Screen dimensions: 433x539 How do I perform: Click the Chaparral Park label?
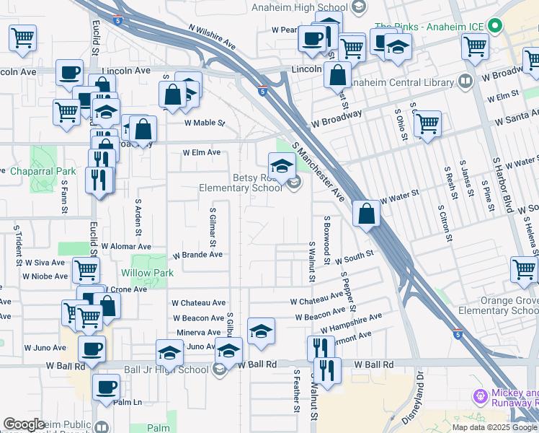(43, 172)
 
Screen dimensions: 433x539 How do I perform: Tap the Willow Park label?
(147, 273)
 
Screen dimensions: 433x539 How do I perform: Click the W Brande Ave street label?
(197, 255)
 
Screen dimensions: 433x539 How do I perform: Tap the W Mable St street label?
(205, 123)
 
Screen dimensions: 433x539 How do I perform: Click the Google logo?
(24, 424)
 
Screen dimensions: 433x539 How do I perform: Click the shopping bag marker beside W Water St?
(367, 214)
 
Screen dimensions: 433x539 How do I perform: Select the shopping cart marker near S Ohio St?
(427, 123)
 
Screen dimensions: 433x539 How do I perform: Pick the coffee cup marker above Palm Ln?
(107, 386)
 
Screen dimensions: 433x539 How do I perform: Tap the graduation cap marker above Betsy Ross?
(282, 166)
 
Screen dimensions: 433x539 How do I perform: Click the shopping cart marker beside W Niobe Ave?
(86, 271)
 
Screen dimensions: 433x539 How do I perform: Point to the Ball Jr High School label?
(166, 370)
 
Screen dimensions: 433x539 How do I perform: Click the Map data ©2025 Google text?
(494, 427)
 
